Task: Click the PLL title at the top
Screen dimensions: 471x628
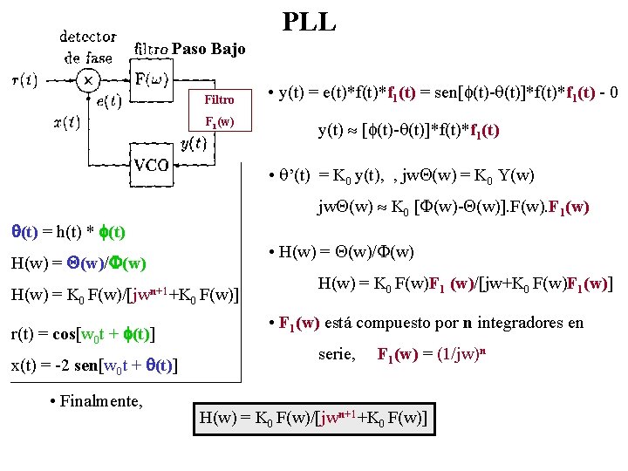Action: point(309,22)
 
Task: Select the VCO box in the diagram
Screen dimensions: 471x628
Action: point(151,166)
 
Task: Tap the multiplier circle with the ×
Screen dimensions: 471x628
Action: point(87,80)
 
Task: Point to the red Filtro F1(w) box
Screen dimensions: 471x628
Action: point(219,110)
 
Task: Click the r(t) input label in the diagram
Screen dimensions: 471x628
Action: point(24,80)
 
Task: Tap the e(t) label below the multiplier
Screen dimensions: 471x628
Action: point(108,102)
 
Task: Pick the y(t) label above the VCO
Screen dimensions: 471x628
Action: point(193,143)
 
